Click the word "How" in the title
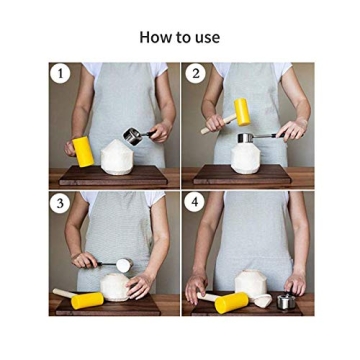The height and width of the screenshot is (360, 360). click(x=154, y=37)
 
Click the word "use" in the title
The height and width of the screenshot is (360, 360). click(x=206, y=38)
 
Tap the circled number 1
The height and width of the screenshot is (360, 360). click(x=61, y=73)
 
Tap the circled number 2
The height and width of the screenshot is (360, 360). click(x=195, y=73)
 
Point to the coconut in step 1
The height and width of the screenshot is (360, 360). click(x=119, y=158)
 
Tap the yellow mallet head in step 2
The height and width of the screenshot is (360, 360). click(x=242, y=111)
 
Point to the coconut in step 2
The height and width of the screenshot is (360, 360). click(x=246, y=158)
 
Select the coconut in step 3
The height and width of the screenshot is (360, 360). click(x=116, y=288)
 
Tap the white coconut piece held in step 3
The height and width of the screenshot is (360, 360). click(x=124, y=265)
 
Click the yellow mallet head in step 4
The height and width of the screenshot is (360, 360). click(x=233, y=301)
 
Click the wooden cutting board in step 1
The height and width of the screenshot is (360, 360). click(x=110, y=177)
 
